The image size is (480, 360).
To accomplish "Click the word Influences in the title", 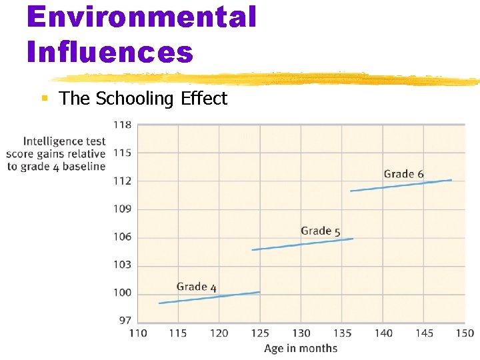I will click(110, 51).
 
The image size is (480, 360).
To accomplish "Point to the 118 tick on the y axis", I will click(123, 125).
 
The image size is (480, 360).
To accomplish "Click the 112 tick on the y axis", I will click(123, 181).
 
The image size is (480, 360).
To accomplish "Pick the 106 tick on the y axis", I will click(123, 237).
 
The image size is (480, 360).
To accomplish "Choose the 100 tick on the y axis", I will click(123, 293).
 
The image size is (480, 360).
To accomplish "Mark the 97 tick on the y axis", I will click(125, 321).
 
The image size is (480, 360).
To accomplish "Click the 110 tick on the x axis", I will click(138, 333).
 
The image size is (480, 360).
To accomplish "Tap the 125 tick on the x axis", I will click(260, 333).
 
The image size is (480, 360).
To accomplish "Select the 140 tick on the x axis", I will click(383, 333).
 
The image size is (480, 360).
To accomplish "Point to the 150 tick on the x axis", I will click(465, 333).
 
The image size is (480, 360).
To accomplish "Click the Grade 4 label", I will click(197, 287).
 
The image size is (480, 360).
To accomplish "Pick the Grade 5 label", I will click(321, 231).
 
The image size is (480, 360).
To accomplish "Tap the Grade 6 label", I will click(403, 175).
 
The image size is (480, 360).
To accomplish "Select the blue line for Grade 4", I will click(209, 297).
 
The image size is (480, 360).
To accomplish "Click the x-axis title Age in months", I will click(301, 348).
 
